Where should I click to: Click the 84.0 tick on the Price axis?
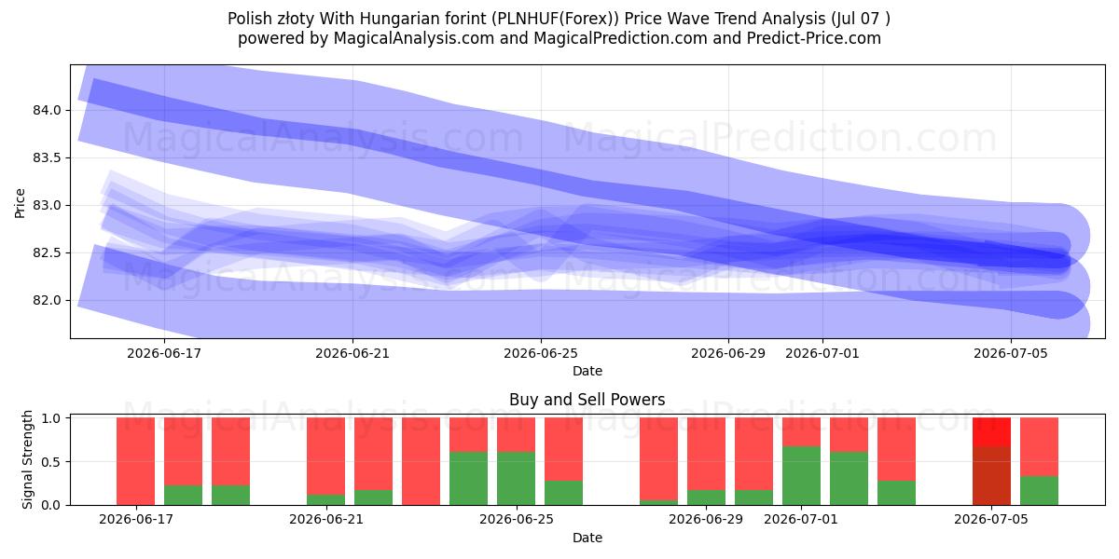point(47,110)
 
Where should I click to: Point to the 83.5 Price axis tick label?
point(47,157)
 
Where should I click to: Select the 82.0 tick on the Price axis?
point(47,300)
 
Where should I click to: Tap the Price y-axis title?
point(20,203)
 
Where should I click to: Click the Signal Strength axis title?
point(27,459)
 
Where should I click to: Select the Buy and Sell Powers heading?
point(587,400)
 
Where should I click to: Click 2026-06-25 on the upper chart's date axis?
point(541,353)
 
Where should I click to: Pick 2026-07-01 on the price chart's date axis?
point(822,353)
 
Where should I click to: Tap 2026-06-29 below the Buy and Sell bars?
point(706,519)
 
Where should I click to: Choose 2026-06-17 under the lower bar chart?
point(136,519)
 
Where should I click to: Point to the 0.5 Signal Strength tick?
point(50,462)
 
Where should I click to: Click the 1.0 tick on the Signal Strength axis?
point(50,418)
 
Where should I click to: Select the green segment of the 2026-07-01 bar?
point(801,476)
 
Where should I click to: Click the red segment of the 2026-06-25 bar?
point(516,435)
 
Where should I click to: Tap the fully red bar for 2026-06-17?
point(136,461)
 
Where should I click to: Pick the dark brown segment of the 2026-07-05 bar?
point(991,476)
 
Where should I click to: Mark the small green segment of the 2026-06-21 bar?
point(325,499)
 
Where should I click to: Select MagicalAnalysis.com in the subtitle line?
point(414,38)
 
